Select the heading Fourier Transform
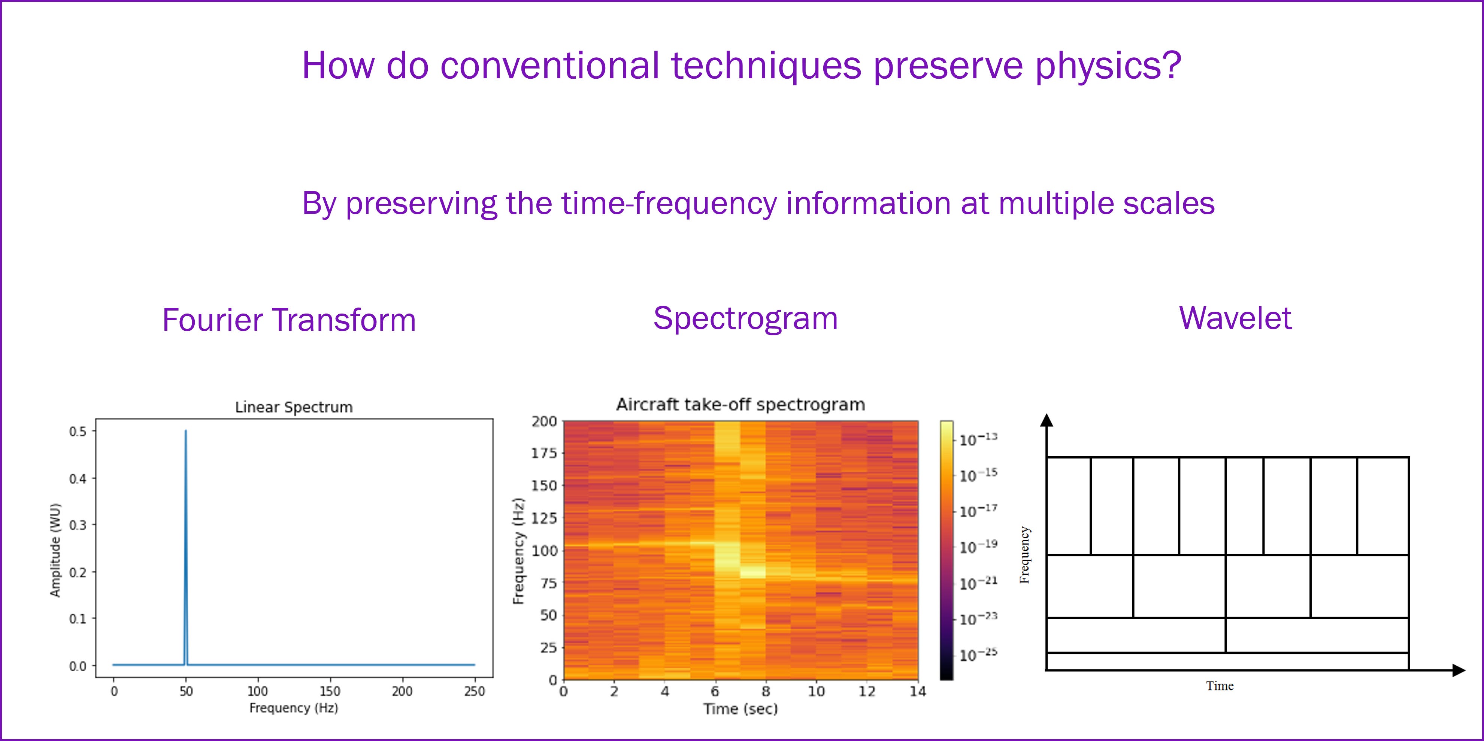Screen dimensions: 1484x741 [x=289, y=320]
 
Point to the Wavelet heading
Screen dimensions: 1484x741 [x=1236, y=318]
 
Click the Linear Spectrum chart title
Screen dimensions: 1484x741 [x=294, y=407]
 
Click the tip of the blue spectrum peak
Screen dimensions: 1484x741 [x=185, y=430]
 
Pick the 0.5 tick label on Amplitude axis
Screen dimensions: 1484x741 [x=78, y=432]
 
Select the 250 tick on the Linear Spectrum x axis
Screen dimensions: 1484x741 [x=475, y=691]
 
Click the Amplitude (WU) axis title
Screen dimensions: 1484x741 [x=55, y=550]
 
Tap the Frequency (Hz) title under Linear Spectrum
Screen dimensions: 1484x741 [x=294, y=708]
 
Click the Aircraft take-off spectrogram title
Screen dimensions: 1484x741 [x=741, y=405]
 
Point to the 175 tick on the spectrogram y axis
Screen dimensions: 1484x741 [x=544, y=453]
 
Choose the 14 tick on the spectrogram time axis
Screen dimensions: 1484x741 [x=918, y=692]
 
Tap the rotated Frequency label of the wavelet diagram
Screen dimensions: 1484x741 [x=1024, y=555]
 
